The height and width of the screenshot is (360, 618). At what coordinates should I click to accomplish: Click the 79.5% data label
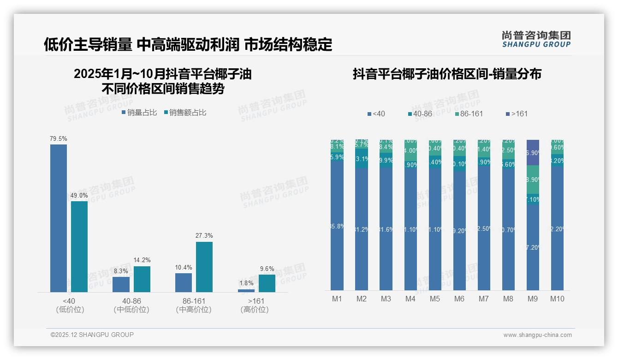click(59, 138)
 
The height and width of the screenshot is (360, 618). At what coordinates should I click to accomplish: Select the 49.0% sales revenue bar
click(79, 246)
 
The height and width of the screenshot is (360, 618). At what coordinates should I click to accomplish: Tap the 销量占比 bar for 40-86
click(121, 284)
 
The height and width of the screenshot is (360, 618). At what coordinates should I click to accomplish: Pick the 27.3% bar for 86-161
click(204, 267)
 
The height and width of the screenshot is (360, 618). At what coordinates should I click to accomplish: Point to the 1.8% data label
click(247, 283)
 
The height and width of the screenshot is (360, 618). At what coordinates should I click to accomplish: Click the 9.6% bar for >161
click(267, 283)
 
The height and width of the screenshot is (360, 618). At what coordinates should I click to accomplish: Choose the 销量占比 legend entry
click(139, 113)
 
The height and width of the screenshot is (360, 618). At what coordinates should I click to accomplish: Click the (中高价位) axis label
click(194, 310)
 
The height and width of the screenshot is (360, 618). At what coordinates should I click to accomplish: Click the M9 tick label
click(533, 299)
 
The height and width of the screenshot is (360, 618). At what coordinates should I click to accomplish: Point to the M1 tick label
click(337, 299)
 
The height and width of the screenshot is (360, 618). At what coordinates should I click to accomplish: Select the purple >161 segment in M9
click(533, 152)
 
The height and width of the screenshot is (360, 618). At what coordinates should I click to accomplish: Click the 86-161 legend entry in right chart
click(469, 114)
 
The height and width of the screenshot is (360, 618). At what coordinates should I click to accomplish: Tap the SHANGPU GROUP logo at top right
click(536, 39)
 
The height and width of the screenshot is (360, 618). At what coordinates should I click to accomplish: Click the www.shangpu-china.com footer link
click(537, 335)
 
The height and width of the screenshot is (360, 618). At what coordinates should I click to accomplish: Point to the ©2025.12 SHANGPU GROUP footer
click(92, 335)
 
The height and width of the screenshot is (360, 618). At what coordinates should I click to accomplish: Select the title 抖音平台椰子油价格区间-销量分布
click(447, 74)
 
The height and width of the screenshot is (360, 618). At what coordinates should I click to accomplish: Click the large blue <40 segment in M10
click(557, 228)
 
